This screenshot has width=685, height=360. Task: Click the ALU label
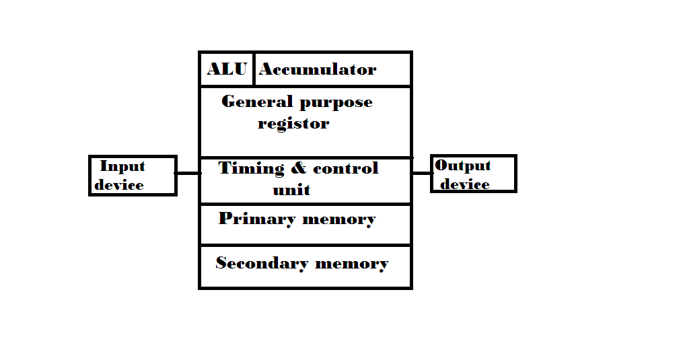227,69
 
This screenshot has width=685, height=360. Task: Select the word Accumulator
318,69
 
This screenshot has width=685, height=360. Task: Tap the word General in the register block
248,102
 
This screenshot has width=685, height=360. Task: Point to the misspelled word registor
293,124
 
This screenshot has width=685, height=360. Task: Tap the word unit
291,190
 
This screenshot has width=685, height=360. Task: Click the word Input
122,167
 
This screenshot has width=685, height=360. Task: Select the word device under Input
119,185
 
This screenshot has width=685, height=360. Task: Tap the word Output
463,166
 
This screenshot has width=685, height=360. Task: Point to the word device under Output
465,184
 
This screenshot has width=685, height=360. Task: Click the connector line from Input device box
188,173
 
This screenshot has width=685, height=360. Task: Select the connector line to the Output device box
421,173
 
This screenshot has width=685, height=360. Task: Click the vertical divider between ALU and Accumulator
254,69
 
